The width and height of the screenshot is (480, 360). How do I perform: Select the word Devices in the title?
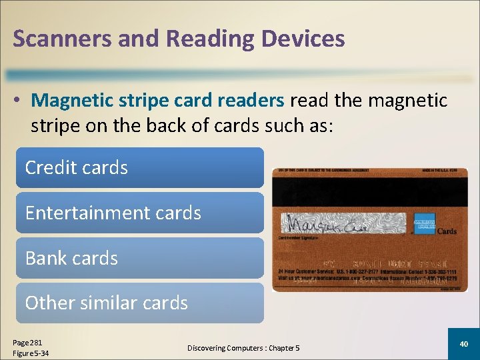(303, 39)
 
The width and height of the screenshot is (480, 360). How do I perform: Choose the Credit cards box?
(139, 167)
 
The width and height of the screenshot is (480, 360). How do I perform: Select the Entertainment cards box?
(139, 213)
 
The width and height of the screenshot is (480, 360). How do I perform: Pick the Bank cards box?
(139, 258)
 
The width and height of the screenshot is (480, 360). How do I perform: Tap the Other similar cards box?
(139, 303)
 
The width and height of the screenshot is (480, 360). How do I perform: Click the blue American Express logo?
(424, 223)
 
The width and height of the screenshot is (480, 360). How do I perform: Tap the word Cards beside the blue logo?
(446, 231)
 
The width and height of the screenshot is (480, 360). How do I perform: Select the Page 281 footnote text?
(27, 341)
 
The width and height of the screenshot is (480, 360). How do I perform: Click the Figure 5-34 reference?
(31, 353)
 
